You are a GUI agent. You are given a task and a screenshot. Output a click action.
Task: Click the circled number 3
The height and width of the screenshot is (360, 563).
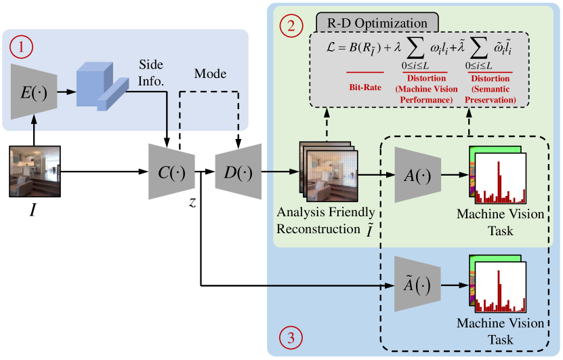click(x=291, y=337)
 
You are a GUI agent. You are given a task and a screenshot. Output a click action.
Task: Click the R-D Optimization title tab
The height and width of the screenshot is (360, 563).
click(x=377, y=20)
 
